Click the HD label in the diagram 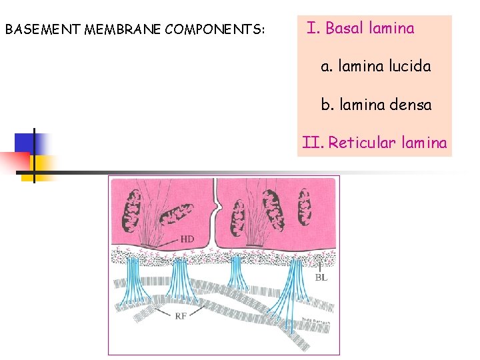tap(187, 239)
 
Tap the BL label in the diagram tap(321, 277)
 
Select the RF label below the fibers tap(180, 316)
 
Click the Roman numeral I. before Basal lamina tap(313, 29)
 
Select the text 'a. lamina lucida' tap(375, 67)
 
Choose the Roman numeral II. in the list tap(312, 143)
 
